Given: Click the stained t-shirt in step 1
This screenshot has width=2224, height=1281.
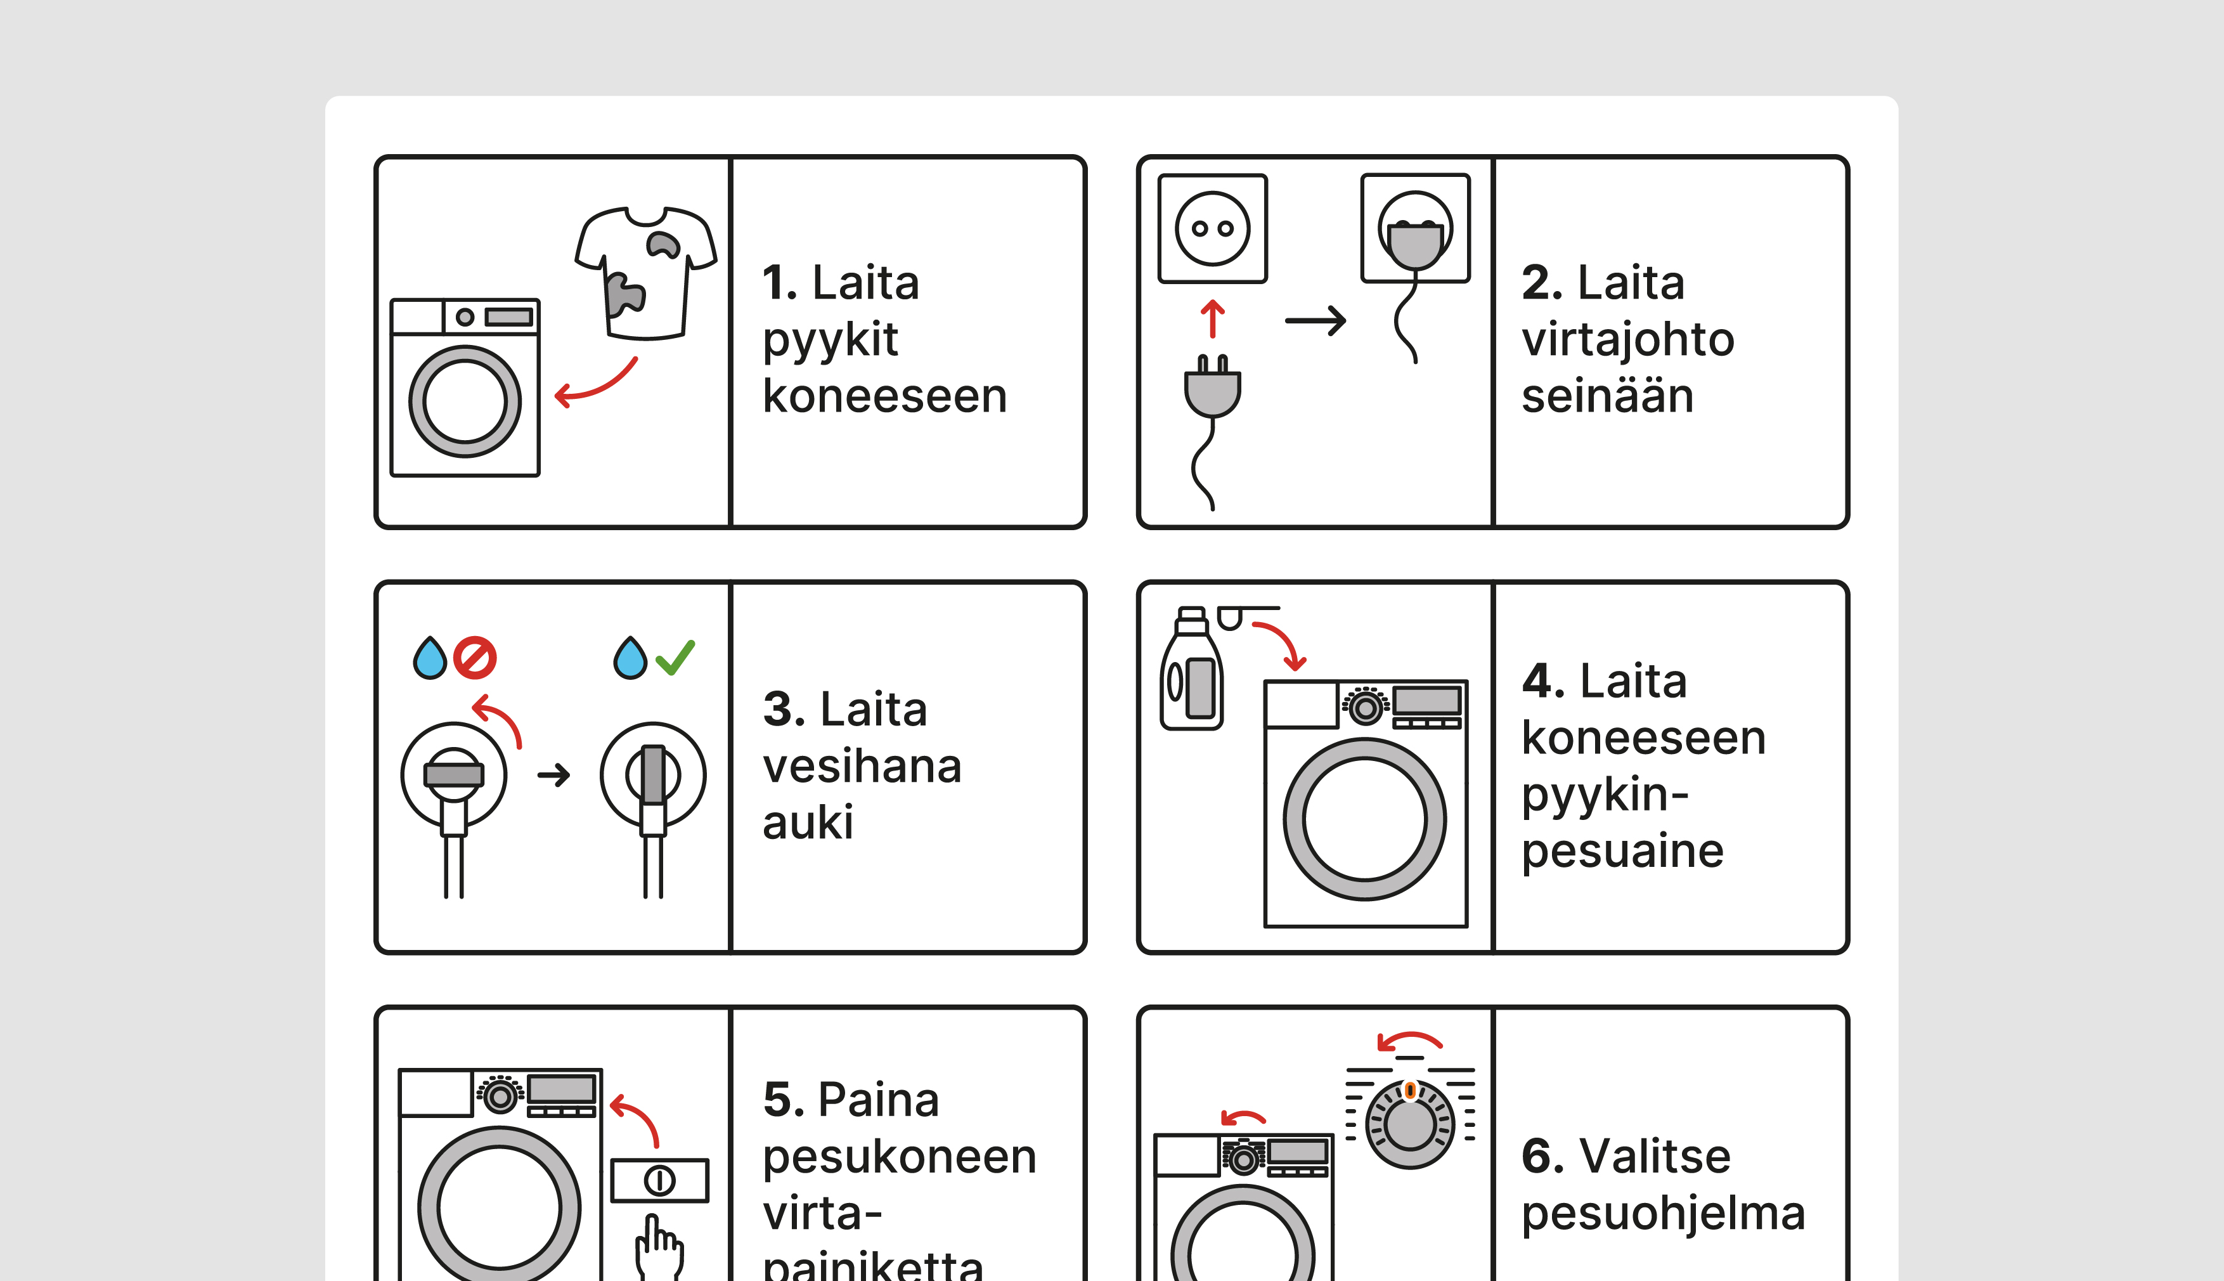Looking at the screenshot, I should (x=647, y=273).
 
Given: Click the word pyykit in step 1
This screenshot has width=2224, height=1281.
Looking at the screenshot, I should (x=830, y=341).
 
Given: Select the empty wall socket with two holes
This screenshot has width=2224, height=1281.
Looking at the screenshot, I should (x=1213, y=229).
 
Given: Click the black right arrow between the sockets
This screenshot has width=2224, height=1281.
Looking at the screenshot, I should (x=1316, y=320).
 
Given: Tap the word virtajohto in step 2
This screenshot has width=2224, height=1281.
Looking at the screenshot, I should (x=1628, y=341).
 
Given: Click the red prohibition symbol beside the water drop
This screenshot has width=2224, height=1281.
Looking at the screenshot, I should (x=475, y=657).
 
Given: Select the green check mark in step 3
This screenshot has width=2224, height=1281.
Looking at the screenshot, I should (x=675, y=657).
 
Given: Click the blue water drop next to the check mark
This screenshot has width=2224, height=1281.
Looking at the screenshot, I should (x=630, y=658).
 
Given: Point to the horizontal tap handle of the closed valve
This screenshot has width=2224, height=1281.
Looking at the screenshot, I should (x=454, y=774).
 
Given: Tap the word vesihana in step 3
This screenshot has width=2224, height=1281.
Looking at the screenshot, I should (x=862, y=766).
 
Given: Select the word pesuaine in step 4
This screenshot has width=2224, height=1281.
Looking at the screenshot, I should (x=1622, y=851).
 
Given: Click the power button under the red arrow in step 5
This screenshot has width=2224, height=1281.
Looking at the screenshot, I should (x=659, y=1180).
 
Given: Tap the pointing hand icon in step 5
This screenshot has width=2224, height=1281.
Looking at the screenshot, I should (x=659, y=1247).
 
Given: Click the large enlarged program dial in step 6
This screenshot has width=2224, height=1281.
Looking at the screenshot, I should (x=1410, y=1124).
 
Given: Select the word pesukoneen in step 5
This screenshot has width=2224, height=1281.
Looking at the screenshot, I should (x=900, y=1156).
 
